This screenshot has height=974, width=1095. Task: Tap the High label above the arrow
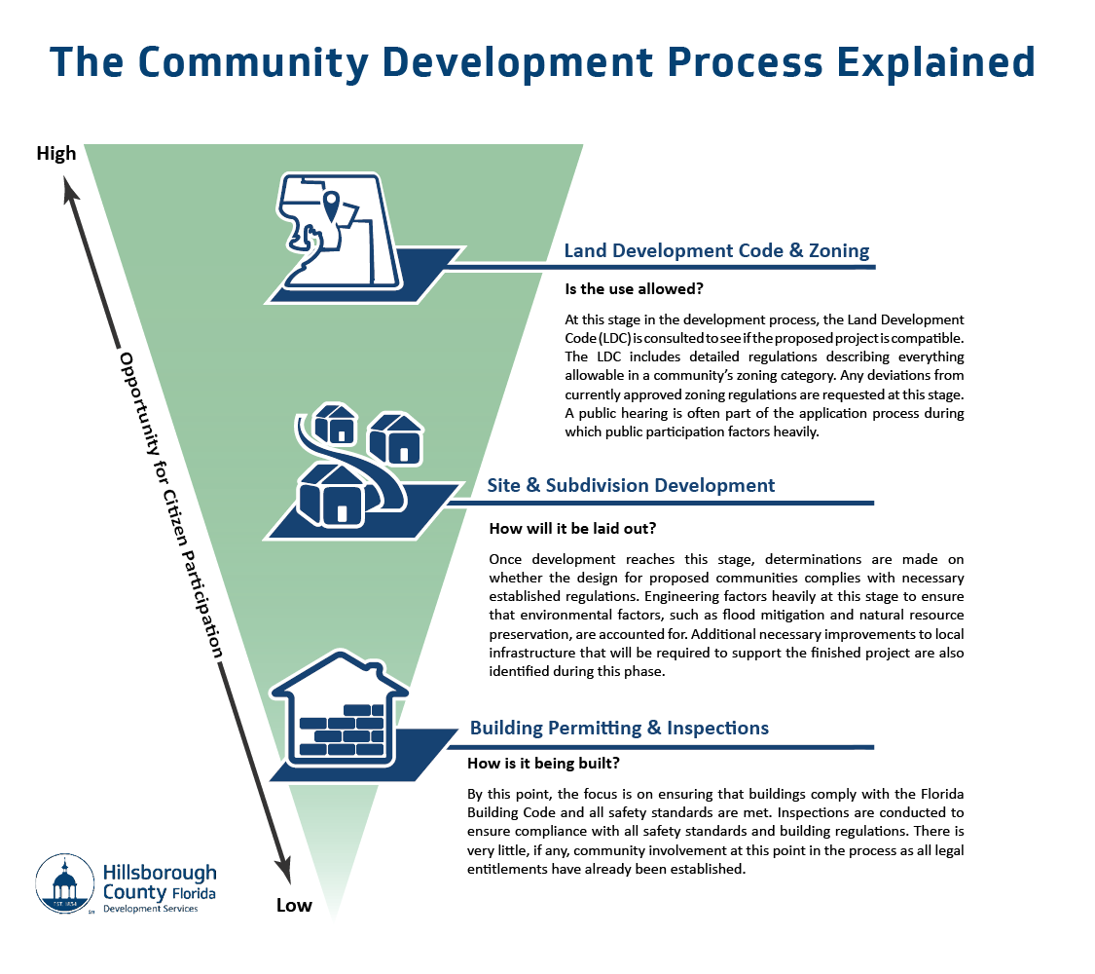(x=55, y=154)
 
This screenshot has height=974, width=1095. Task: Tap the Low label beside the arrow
(x=294, y=905)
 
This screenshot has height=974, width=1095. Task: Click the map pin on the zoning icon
(x=332, y=206)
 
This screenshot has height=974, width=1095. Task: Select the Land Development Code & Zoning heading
(x=716, y=250)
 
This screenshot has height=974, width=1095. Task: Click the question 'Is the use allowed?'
(x=636, y=289)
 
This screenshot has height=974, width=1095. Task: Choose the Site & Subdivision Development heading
(x=632, y=485)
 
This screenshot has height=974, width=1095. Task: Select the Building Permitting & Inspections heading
(x=619, y=728)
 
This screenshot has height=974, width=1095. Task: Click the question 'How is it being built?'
(x=545, y=764)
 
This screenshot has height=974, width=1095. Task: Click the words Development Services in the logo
(x=150, y=908)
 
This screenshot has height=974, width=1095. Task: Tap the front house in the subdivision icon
(x=334, y=493)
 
